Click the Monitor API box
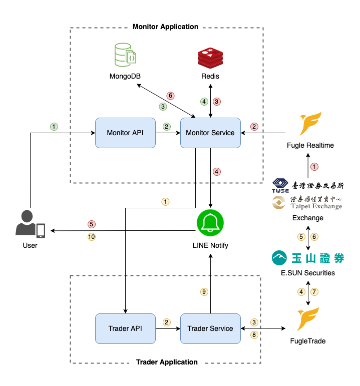tap(125, 133)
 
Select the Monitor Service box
tap(210, 133)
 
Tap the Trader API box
tap(125, 328)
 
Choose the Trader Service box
tap(210, 328)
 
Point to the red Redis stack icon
tap(210, 57)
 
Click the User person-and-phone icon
tap(30, 224)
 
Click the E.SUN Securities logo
tap(307, 258)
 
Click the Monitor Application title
tap(165, 27)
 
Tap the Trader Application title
tap(167, 362)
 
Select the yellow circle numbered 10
tap(92, 237)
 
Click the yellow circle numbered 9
tap(203, 291)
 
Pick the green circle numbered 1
tap(54, 126)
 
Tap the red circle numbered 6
tap(170, 96)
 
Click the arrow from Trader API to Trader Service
tap(168, 329)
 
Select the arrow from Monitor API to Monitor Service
tap(168, 133)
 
